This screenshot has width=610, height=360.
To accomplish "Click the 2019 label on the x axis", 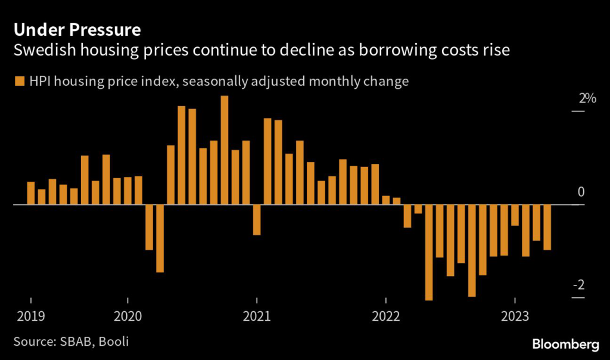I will pyautogui.click(x=29, y=315).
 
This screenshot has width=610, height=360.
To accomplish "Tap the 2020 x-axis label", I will pyautogui.click(x=128, y=315).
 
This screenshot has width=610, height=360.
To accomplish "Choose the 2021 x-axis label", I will pyautogui.click(x=257, y=315).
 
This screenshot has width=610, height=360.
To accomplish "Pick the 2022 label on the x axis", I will pyautogui.click(x=385, y=315).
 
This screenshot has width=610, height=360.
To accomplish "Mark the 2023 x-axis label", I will pyautogui.click(x=515, y=315).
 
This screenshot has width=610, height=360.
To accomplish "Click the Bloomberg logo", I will pyautogui.click(x=565, y=344).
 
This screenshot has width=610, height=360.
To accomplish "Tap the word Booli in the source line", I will pyautogui.click(x=113, y=342).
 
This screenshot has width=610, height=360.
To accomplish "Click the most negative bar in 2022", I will pyautogui.click(x=429, y=252).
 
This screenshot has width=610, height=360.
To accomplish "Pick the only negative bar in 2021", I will pyautogui.click(x=257, y=219).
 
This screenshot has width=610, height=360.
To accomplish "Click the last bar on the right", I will pyautogui.click(x=547, y=227).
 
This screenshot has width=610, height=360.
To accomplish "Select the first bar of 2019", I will pyautogui.click(x=31, y=193).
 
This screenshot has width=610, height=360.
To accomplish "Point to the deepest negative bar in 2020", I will pyautogui.click(x=160, y=238).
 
